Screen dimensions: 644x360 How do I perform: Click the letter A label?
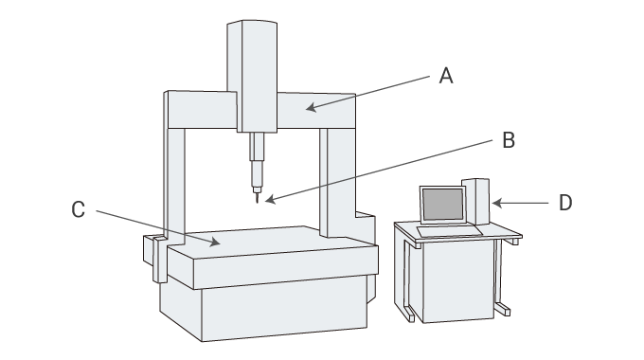tap(446, 76)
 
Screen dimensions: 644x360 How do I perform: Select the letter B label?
tap(509, 140)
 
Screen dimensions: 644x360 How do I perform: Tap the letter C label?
tap(78, 209)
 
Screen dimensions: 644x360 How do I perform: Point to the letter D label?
tap(565, 203)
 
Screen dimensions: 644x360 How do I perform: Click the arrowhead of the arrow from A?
tap(311, 108)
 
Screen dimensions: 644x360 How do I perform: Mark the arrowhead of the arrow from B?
tap(270, 199)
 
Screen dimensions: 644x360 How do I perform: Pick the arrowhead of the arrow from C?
tap(215, 243)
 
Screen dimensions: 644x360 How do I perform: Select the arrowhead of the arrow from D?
tap(496, 203)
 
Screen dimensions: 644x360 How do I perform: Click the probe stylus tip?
tap(257, 202)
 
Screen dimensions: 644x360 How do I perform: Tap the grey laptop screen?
tap(443, 205)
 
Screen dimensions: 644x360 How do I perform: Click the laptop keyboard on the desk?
tap(450, 231)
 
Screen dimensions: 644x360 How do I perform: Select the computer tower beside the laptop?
tap(475, 202)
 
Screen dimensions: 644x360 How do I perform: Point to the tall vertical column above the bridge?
tap(252, 76)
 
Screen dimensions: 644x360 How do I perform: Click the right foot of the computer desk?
tap(502, 309)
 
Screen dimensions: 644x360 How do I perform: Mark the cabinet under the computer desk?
tap(458, 281)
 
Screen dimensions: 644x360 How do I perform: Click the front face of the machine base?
tap(284, 308)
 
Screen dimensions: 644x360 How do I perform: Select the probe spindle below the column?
tap(257, 162)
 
